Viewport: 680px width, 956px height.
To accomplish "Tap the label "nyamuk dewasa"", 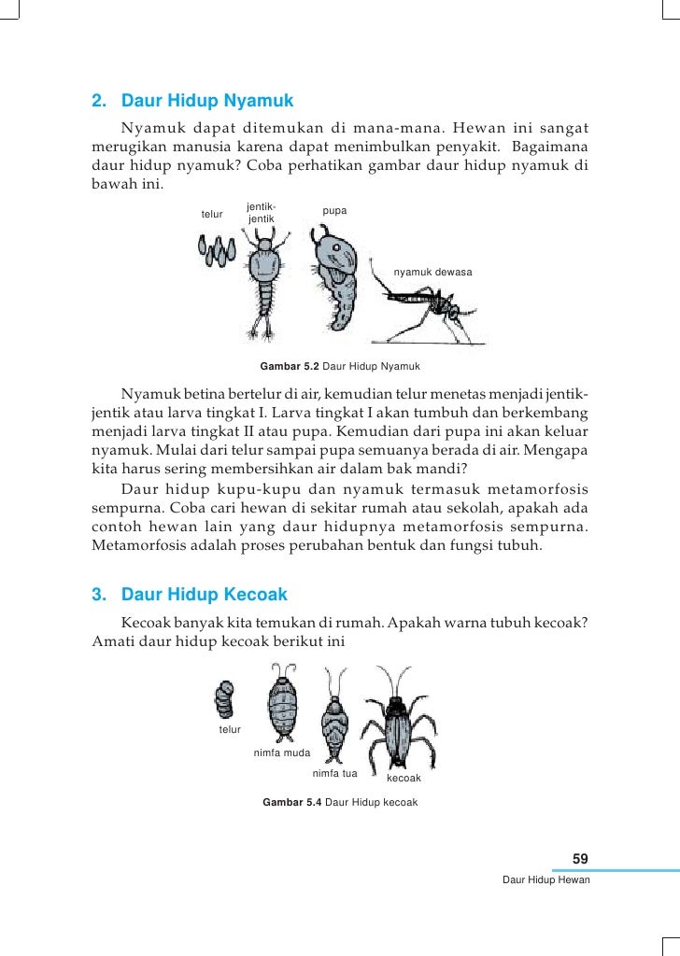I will pos(433,272).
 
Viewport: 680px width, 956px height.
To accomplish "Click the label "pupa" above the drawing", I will pos(334,211).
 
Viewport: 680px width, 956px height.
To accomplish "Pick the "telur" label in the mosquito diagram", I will pos(212,215).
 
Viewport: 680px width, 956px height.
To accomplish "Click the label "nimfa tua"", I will pos(334,774).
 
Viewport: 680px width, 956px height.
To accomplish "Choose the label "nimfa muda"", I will pos(281,752).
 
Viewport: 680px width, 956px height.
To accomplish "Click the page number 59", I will pos(580,859).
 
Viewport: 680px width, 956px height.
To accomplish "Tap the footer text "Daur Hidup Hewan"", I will pos(545,880).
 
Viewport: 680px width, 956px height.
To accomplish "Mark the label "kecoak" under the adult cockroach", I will pos(404,778).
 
